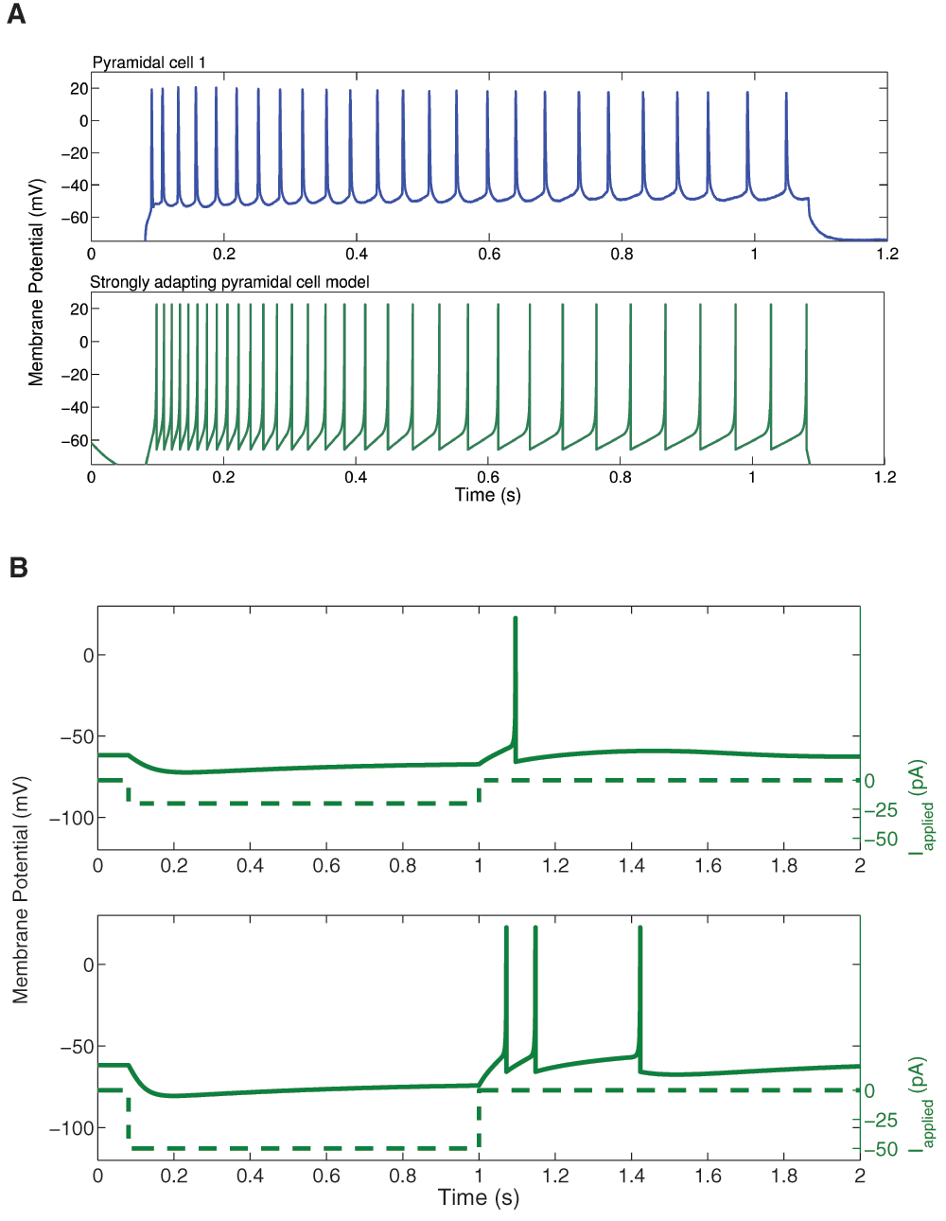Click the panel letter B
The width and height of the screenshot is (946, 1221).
[18, 567]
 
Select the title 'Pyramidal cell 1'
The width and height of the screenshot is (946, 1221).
[149, 62]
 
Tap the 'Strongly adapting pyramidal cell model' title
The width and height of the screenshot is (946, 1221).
[229, 282]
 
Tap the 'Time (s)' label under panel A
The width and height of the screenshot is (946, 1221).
[487, 495]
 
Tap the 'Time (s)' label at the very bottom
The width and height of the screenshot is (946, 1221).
[479, 1197]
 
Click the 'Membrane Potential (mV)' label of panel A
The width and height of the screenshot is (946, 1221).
[36, 282]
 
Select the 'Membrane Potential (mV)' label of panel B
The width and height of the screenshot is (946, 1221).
[21, 890]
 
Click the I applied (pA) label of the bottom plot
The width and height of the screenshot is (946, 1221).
[921, 1104]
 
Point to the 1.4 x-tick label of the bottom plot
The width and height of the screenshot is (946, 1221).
[632, 1175]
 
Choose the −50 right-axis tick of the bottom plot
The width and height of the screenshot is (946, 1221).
[881, 1149]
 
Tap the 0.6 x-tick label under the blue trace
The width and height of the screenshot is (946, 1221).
[489, 254]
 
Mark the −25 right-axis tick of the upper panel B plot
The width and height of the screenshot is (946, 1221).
[881, 810]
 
